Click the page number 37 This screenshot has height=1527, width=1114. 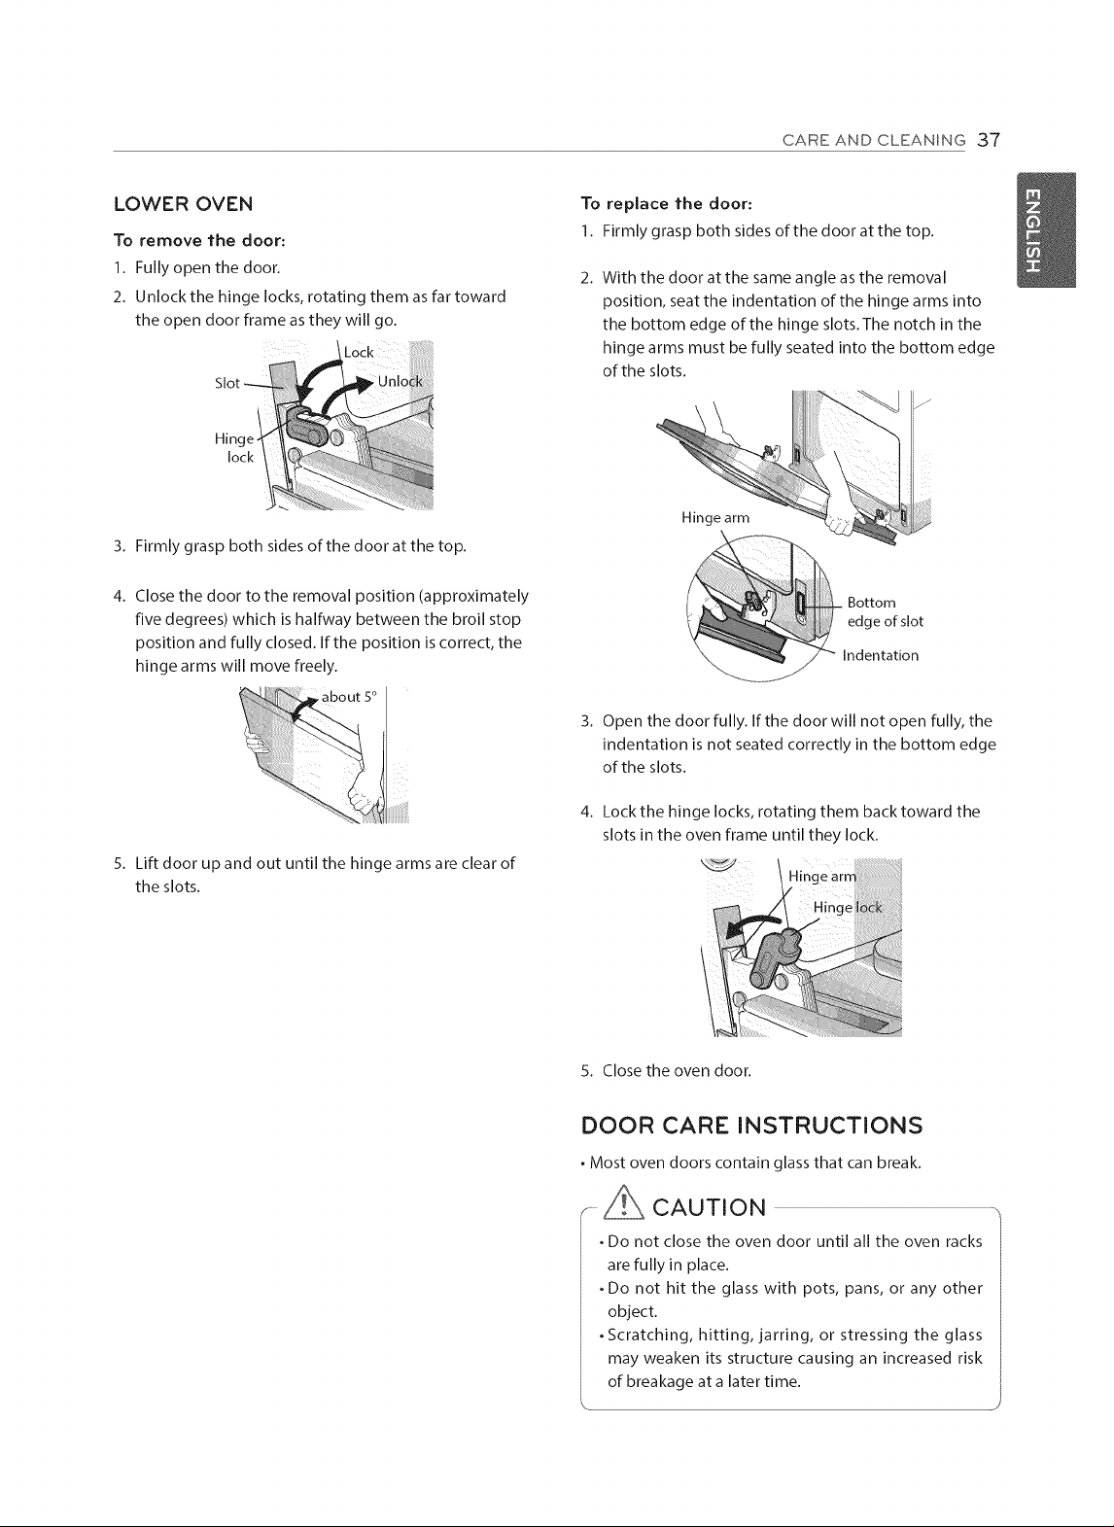(989, 140)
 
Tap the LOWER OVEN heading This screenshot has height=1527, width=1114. (184, 204)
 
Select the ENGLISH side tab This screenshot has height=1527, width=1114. (1046, 229)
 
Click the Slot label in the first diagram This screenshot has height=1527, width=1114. (227, 383)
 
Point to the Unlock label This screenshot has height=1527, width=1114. (400, 382)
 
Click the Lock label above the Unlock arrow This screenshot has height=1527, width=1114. (359, 353)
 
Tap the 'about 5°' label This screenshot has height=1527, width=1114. (348, 697)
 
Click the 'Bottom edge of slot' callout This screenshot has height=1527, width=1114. (885, 611)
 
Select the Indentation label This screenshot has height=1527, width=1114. (880, 655)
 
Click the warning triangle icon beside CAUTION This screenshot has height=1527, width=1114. (623, 1207)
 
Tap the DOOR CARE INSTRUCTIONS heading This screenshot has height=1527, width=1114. (751, 1125)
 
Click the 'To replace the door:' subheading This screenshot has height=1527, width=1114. (666, 204)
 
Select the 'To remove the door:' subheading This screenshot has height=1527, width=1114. (199, 241)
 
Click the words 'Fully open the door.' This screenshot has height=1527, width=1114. (207, 267)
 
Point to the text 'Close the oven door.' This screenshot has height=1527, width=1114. (677, 1070)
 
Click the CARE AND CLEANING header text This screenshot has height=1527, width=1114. (873, 140)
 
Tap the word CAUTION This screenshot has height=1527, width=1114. (709, 1207)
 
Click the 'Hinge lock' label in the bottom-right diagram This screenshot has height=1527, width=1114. (848, 907)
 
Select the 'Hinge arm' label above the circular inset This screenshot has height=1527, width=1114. (715, 517)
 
